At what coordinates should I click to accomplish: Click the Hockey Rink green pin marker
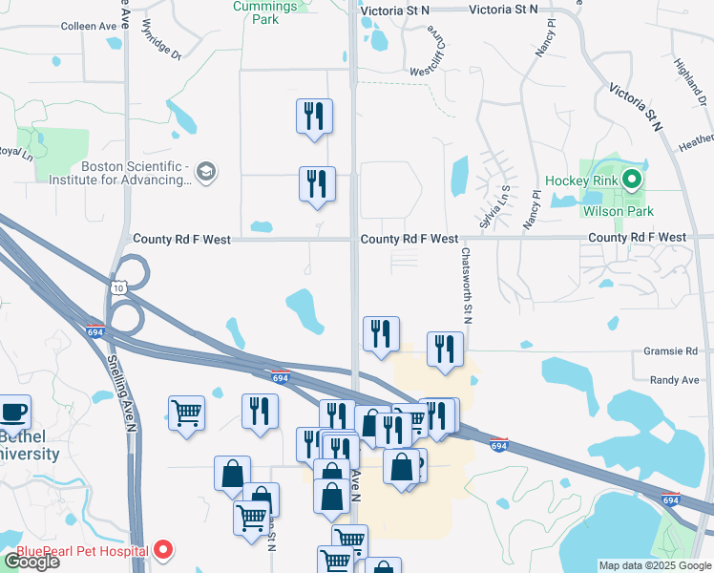631,179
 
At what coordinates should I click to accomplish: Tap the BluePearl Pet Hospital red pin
163,550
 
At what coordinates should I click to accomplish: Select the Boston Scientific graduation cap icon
204,172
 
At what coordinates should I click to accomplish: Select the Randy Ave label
674,380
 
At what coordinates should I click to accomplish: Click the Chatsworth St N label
468,285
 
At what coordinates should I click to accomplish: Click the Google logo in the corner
31,562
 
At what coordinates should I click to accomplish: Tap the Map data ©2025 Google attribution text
654,565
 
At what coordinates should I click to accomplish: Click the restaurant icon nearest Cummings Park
314,117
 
